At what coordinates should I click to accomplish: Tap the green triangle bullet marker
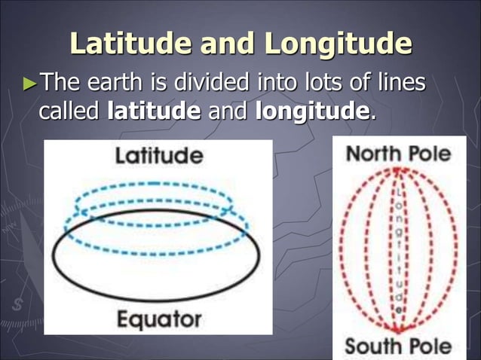pos(29,81)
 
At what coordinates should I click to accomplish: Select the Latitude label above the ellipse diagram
pos(158,156)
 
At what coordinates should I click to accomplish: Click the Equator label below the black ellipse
pos(159,319)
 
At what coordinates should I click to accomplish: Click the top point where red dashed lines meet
pos(397,169)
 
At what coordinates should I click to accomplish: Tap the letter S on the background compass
pos(16,305)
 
